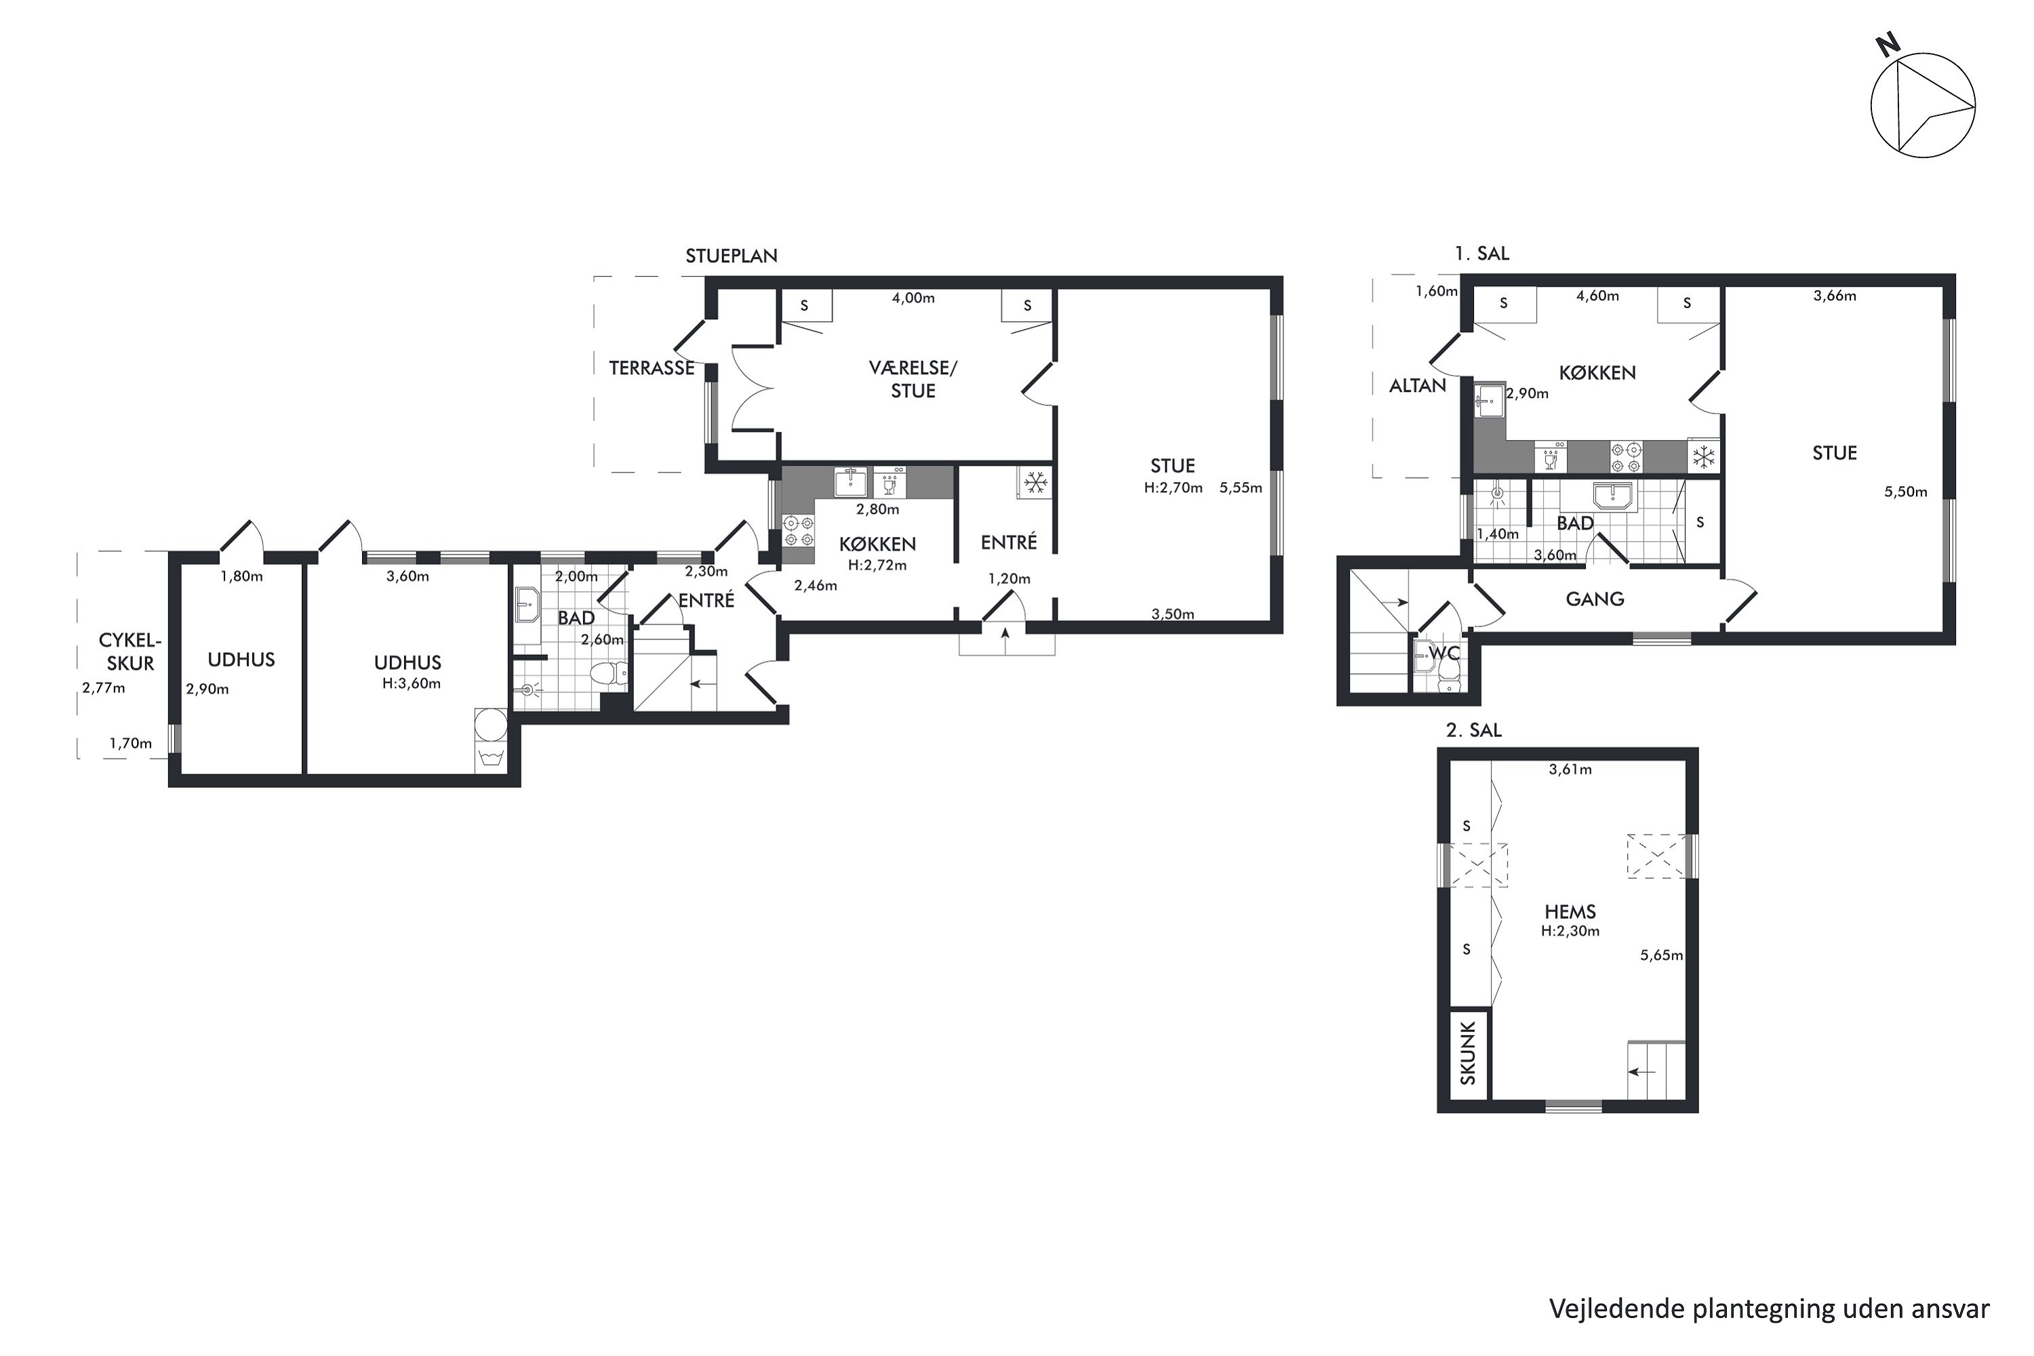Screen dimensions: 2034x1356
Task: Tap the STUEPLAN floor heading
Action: tap(732, 256)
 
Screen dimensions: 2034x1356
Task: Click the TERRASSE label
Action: tap(652, 368)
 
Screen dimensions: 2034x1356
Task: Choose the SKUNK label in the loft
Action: tap(1469, 1054)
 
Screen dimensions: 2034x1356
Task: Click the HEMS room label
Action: tap(1570, 911)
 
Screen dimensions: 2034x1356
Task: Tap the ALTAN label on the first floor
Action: tap(1418, 386)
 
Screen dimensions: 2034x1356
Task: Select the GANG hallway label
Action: tap(1595, 599)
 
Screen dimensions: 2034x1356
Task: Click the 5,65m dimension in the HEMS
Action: tap(1661, 955)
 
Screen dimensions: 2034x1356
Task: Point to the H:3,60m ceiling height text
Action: tap(412, 683)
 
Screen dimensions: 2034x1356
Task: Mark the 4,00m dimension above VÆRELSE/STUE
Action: tap(913, 298)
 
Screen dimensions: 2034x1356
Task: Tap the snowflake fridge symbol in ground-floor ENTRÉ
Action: tap(1035, 483)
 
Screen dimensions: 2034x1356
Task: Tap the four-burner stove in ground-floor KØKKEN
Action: tap(798, 530)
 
